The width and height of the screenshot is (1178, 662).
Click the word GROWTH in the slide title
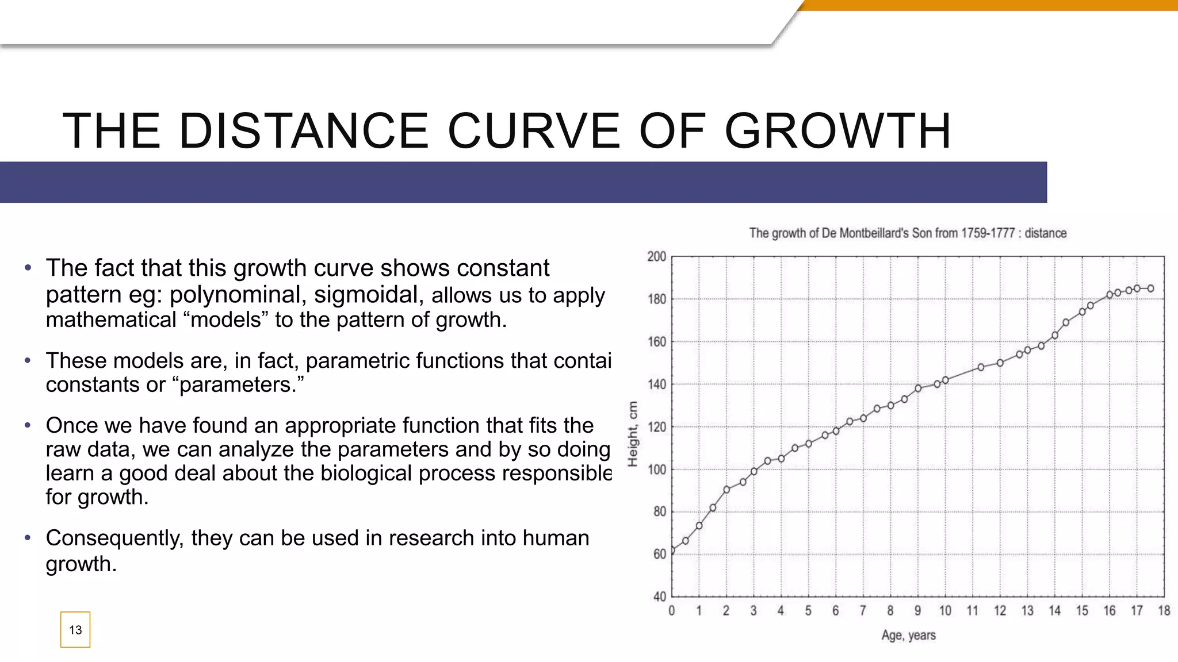[837, 131]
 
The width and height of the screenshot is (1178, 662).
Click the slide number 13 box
[75, 630]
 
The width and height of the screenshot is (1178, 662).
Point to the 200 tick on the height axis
[657, 256]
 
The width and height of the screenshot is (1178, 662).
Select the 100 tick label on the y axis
[657, 469]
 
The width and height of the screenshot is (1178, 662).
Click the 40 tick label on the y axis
[659, 596]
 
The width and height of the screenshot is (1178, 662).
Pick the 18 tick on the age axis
[1164, 611]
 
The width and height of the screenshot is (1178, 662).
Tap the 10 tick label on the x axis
[945, 611]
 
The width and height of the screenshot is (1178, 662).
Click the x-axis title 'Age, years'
[908, 635]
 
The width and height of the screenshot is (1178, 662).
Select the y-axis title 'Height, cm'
[633, 434]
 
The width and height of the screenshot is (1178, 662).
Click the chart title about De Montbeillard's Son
[908, 233]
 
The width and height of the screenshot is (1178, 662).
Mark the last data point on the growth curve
[1150, 288]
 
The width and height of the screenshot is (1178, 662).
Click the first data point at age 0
[672, 550]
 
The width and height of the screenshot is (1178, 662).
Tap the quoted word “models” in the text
[225, 320]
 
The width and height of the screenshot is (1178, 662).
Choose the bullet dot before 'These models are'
[28, 361]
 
